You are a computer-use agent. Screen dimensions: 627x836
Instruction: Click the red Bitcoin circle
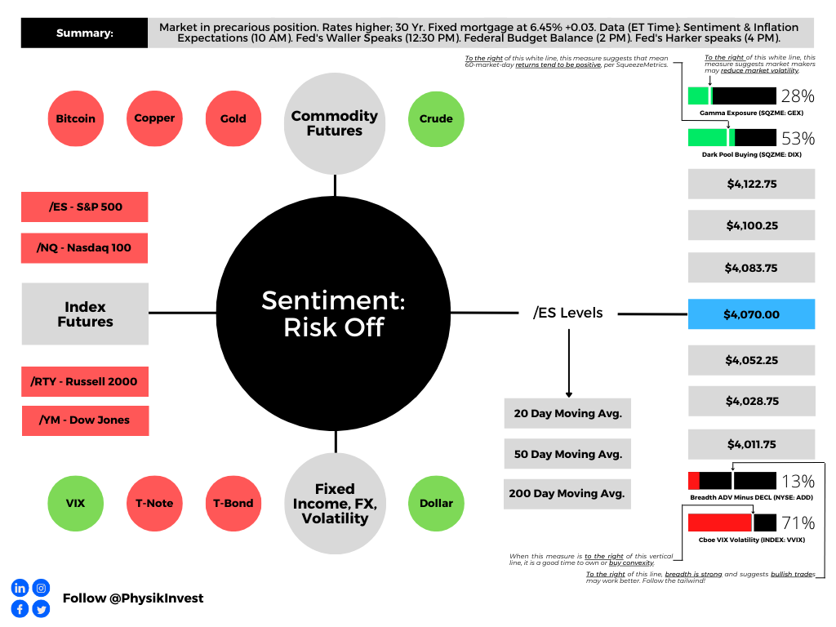[x=75, y=118]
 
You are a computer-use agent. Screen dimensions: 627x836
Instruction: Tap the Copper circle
[x=154, y=118]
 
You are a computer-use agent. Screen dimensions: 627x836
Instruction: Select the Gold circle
[x=233, y=118]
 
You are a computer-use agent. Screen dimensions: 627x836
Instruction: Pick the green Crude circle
[x=436, y=118]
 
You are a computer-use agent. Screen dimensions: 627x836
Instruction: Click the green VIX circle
[x=75, y=503]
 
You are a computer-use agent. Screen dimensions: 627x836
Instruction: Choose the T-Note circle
[x=154, y=503]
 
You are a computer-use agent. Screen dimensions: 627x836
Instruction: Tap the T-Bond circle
[x=233, y=503]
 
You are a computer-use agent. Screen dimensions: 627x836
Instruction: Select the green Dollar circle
[x=436, y=503]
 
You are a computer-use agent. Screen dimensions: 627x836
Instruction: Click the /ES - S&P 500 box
[x=84, y=207]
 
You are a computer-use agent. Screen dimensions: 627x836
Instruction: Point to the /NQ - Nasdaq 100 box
[x=84, y=247]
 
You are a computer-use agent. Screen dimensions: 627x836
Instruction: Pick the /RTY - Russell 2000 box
[x=84, y=381]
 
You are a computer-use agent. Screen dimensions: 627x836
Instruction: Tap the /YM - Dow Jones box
[x=84, y=420]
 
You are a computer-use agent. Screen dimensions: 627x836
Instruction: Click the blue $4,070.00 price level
[x=751, y=314]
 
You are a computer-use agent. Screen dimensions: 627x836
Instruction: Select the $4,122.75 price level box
[x=751, y=184]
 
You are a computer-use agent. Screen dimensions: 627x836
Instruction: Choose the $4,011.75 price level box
[x=751, y=444]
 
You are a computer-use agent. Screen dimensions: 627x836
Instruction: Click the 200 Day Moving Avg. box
[x=567, y=493]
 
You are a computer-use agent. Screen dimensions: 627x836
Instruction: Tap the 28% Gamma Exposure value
[x=798, y=96]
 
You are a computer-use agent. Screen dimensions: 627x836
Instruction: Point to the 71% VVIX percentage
[x=798, y=523]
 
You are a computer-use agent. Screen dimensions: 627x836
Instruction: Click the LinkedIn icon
[x=20, y=588]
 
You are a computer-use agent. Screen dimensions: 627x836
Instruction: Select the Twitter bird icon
[x=41, y=609]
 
